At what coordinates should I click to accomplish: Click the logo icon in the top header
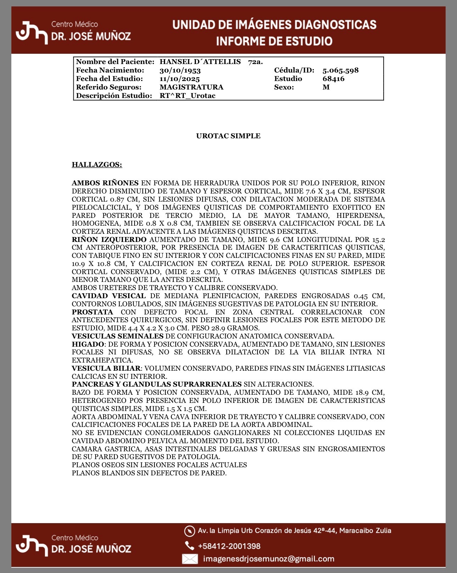click(32, 33)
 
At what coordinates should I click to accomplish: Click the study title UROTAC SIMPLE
click(228, 136)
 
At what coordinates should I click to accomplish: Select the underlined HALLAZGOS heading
click(97, 164)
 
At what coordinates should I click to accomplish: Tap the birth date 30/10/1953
click(180, 70)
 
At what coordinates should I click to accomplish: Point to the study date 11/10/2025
click(180, 79)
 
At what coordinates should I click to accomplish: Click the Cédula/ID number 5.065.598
click(340, 70)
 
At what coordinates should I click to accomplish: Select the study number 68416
click(333, 79)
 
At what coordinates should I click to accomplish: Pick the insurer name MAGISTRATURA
click(191, 87)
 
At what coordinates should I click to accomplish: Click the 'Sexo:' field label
click(284, 87)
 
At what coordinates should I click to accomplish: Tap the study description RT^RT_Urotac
click(187, 95)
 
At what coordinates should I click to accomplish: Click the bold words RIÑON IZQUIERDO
click(109, 239)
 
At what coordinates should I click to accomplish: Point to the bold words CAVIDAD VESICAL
click(109, 296)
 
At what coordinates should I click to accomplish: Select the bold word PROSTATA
click(92, 312)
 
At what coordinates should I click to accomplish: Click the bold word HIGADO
click(88, 344)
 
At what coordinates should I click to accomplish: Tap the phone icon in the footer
click(190, 546)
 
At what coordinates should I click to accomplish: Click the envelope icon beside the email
click(190, 559)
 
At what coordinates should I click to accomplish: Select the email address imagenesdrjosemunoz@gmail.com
click(269, 559)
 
